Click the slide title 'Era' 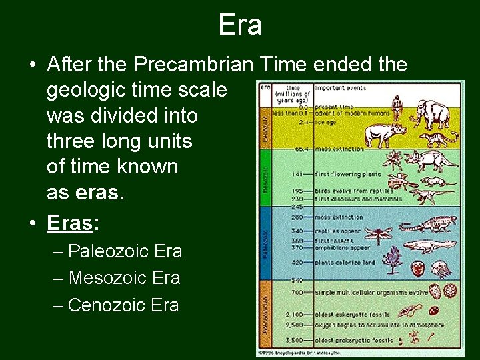(x=240, y=25)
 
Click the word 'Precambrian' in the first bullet (x=193, y=65)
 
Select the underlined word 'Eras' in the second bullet (x=69, y=223)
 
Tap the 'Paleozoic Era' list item (x=125, y=251)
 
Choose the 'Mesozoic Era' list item (x=124, y=278)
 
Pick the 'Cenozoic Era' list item (x=123, y=305)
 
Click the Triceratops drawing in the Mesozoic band (x=425, y=161)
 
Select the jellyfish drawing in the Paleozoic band (x=441, y=269)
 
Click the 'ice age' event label (x=327, y=123)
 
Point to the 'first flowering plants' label (x=347, y=175)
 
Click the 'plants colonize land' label (x=345, y=263)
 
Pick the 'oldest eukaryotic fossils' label (x=351, y=313)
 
